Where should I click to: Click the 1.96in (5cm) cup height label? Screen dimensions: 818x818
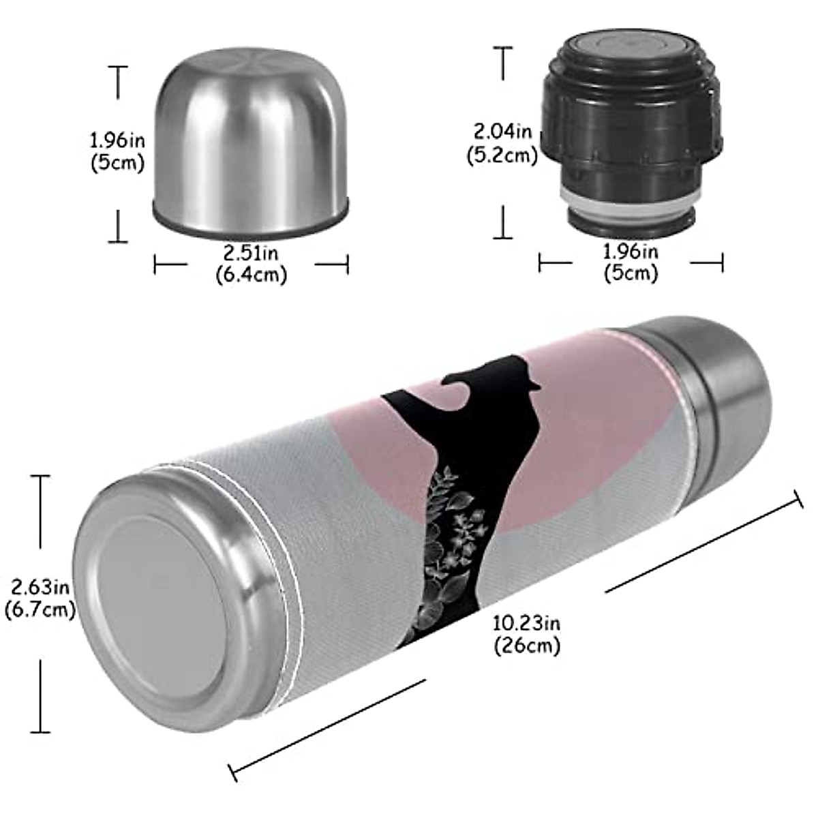[x=117, y=152]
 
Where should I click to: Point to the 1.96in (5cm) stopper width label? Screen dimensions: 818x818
[x=631, y=262]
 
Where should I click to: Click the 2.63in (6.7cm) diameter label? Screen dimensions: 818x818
[x=39, y=596]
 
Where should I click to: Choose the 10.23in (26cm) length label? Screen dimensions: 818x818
[x=527, y=633]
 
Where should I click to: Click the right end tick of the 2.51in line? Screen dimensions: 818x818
[x=348, y=264]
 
